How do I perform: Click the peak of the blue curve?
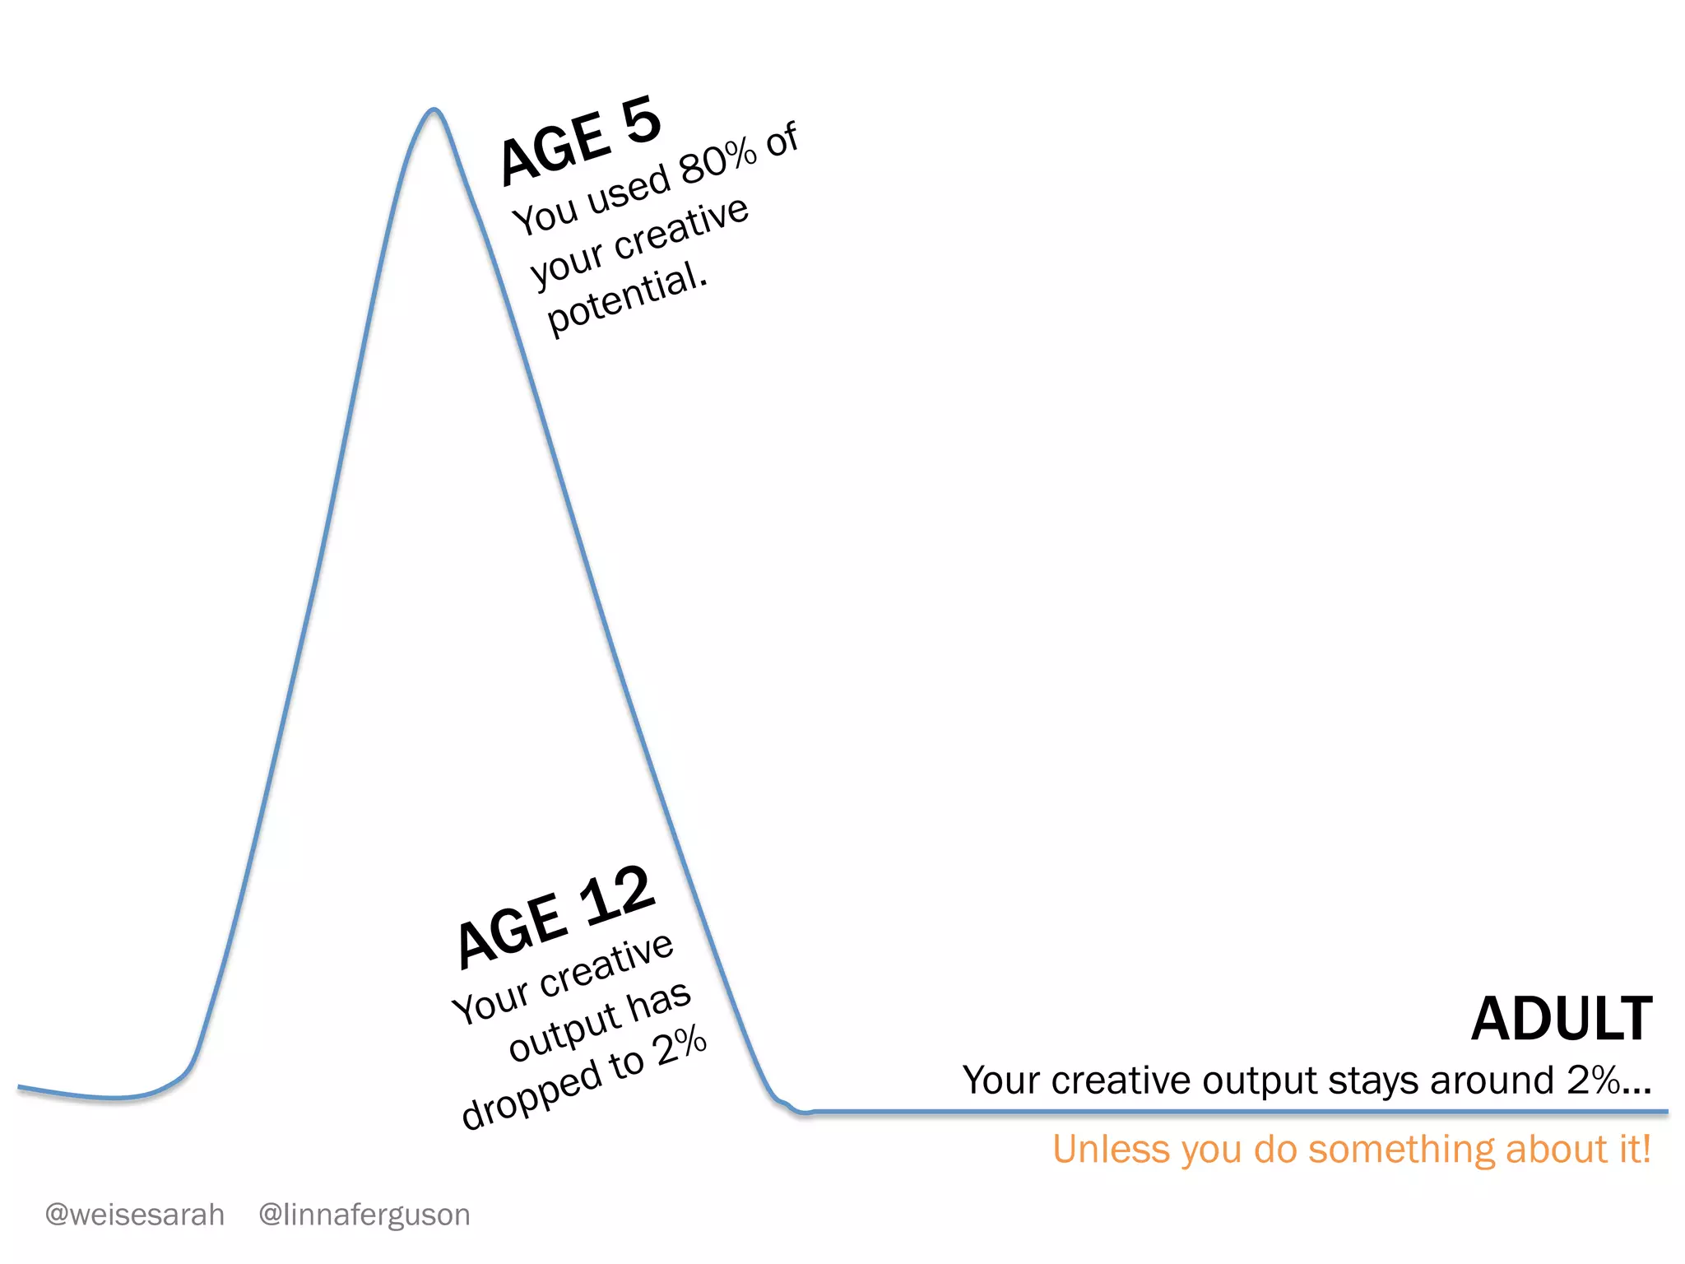point(434,110)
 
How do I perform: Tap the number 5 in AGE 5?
point(641,121)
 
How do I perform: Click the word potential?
point(625,300)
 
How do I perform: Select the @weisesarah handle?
point(135,1215)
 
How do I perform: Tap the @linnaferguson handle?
point(364,1215)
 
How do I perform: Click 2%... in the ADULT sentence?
point(1608,1080)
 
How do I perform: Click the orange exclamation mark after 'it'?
point(1646,1149)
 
